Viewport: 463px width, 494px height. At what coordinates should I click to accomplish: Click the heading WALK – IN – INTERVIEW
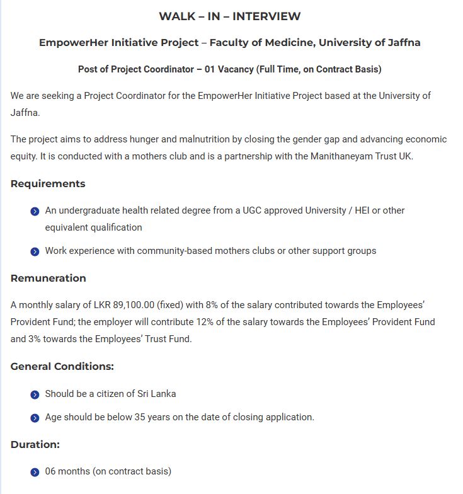[x=230, y=16]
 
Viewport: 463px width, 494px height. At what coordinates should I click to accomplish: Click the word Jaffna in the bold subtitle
[x=399, y=43]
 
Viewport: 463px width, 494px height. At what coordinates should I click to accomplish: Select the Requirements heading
[x=48, y=184]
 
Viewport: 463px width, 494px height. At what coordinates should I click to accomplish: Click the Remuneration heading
[x=49, y=278]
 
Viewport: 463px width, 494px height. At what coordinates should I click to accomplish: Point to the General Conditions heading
[x=62, y=366]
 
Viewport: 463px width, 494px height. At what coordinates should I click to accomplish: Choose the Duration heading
[x=35, y=444]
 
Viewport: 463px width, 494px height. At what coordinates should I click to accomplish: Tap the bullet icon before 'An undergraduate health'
[x=35, y=211]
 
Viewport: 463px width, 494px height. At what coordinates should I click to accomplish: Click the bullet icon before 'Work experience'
[x=35, y=251]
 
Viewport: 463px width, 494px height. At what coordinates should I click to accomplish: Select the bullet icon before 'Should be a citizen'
[x=35, y=394]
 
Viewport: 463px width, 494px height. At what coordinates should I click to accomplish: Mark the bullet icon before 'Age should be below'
[x=35, y=418]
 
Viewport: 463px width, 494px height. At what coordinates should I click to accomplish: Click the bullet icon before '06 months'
[x=35, y=472]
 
